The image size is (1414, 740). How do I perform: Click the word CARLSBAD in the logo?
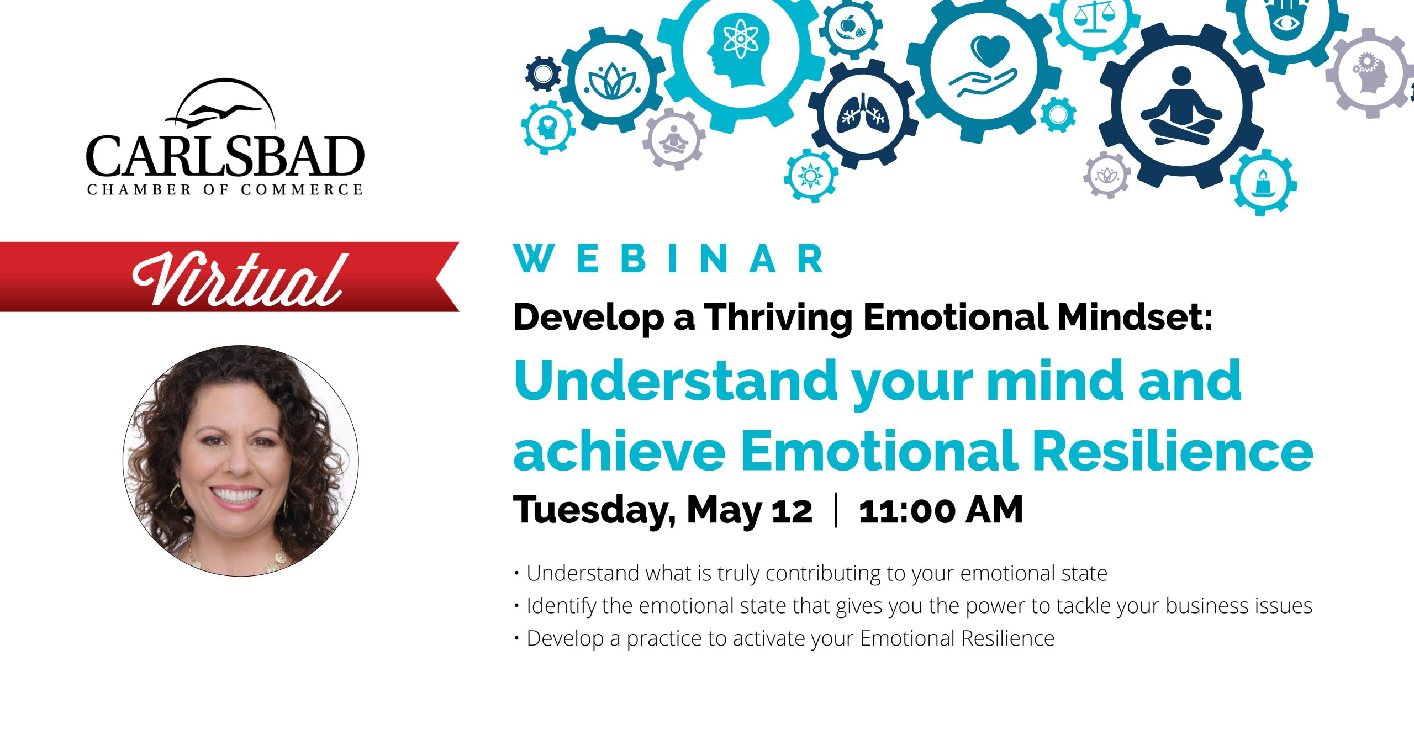(225, 156)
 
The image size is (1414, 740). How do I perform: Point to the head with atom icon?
(737, 49)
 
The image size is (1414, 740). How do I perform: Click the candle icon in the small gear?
(1263, 183)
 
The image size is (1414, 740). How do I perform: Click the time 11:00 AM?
(941, 510)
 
